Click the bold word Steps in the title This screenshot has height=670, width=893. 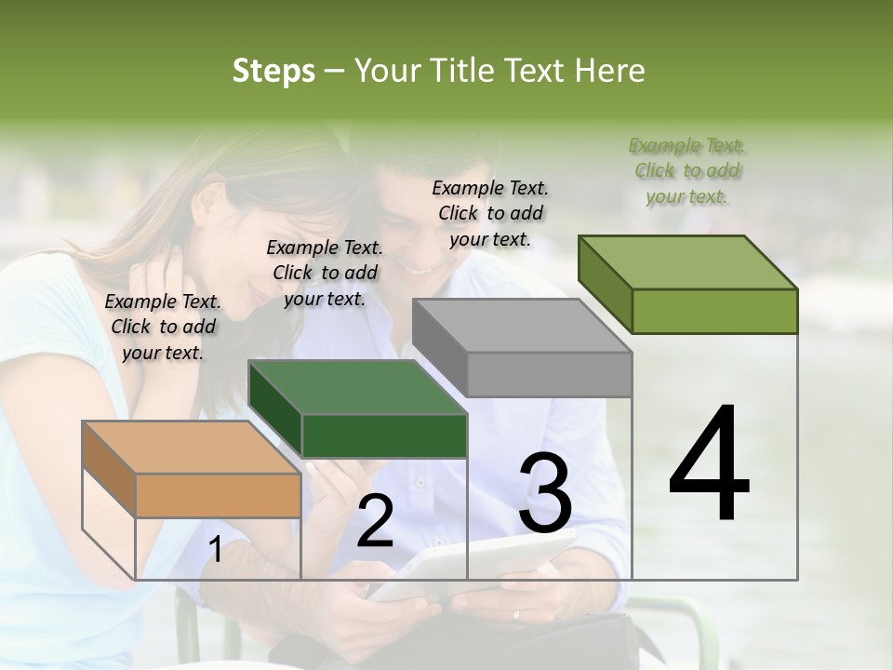click(x=273, y=71)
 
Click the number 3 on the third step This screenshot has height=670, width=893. click(x=545, y=493)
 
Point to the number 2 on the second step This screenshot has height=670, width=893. click(x=375, y=521)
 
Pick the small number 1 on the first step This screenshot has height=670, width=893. click(x=215, y=551)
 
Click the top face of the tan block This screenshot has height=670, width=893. click(x=191, y=447)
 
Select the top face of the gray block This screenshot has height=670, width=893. click(x=521, y=326)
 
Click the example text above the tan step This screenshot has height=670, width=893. click(x=163, y=327)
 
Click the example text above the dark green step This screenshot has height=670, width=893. click(x=325, y=273)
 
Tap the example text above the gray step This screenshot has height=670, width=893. click(x=490, y=213)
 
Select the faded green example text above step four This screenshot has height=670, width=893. click(x=687, y=170)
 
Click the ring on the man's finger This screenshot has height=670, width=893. click(x=516, y=614)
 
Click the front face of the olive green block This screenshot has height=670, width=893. click(x=714, y=311)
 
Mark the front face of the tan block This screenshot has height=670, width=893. click(x=218, y=495)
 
